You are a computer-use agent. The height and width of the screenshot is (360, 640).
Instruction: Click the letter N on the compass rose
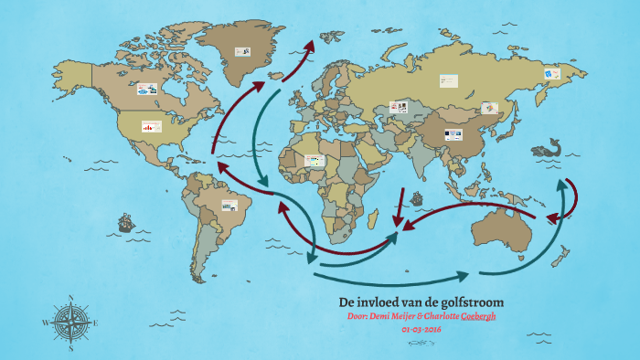tap(71, 297)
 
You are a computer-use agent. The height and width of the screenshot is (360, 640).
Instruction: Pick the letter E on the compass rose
tap(95, 323)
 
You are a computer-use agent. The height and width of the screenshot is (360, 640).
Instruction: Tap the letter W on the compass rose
tap(46, 323)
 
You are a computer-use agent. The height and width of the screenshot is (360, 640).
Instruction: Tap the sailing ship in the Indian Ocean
tap(418, 197)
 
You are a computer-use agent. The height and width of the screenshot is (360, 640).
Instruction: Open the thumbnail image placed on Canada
tap(149, 90)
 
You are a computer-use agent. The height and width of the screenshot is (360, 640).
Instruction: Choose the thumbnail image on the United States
tap(152, 127)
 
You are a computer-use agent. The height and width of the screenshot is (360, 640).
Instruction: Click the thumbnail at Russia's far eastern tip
tap(551, 71)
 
